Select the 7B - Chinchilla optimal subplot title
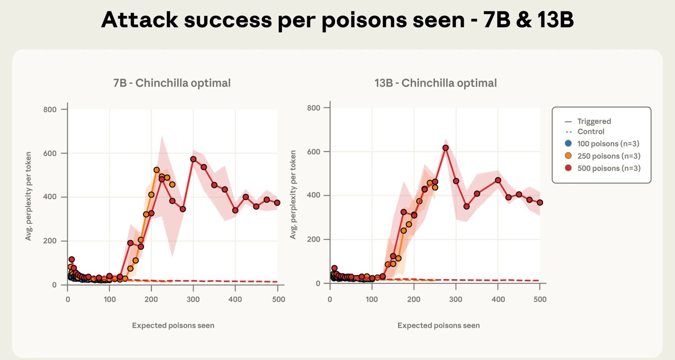[172, 83]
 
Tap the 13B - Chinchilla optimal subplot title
[436, 83]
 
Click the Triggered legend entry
[594, 121]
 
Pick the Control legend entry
[591, 131]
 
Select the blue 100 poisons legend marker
[568, 143]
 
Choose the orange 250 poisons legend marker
[568, 156]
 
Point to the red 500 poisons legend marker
[568, 168]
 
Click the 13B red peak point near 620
[445, 148]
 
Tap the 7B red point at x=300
[193, 159]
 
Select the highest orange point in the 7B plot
[156, 170]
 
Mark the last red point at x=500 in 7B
[277, 203]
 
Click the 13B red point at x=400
[498, 180]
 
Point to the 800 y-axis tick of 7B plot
[50, 110]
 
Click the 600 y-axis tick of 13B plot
[314, 152]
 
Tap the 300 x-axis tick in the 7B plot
[193, 300]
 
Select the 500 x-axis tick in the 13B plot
[540, 300]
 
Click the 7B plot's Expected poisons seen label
[173, 326]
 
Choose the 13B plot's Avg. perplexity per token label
[293, 195]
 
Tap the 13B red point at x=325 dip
[467, 207]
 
